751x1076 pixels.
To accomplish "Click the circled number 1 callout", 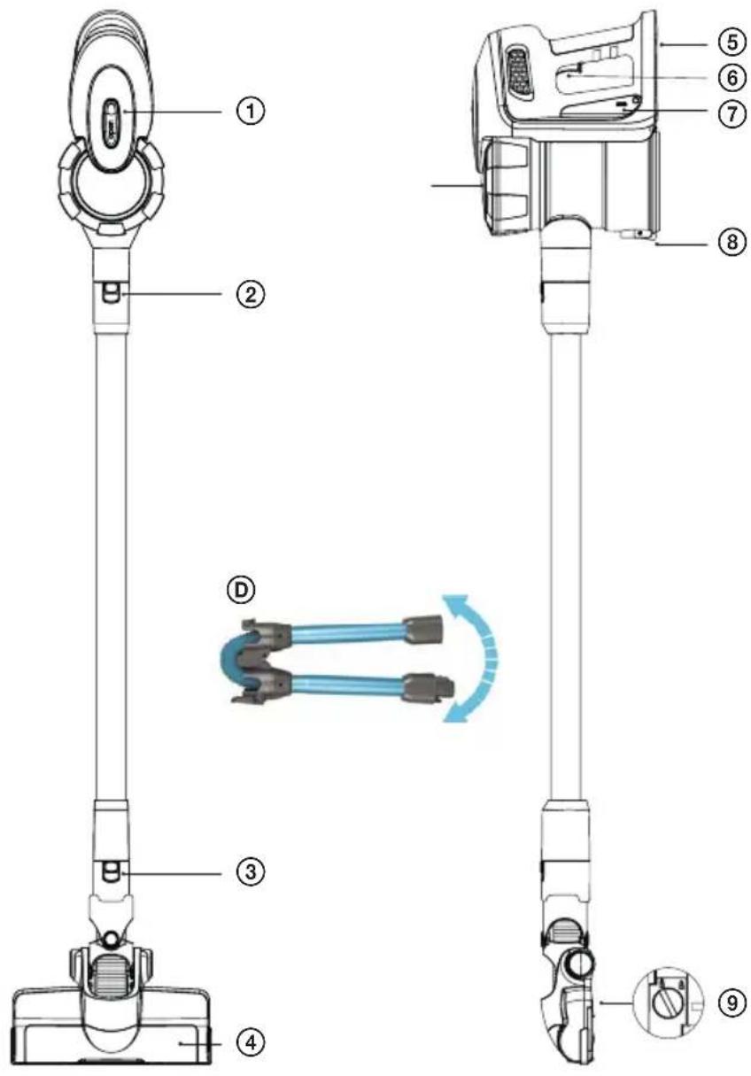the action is (251, 112).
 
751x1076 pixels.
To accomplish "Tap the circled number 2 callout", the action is (251, 294).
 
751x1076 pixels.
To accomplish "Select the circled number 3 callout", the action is (251, 871).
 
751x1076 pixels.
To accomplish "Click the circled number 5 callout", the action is (732, 43).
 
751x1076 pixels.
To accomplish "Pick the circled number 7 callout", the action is (732, 114).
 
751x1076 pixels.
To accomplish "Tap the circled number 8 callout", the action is (732, 242).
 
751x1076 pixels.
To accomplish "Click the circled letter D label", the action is (240, 591).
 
